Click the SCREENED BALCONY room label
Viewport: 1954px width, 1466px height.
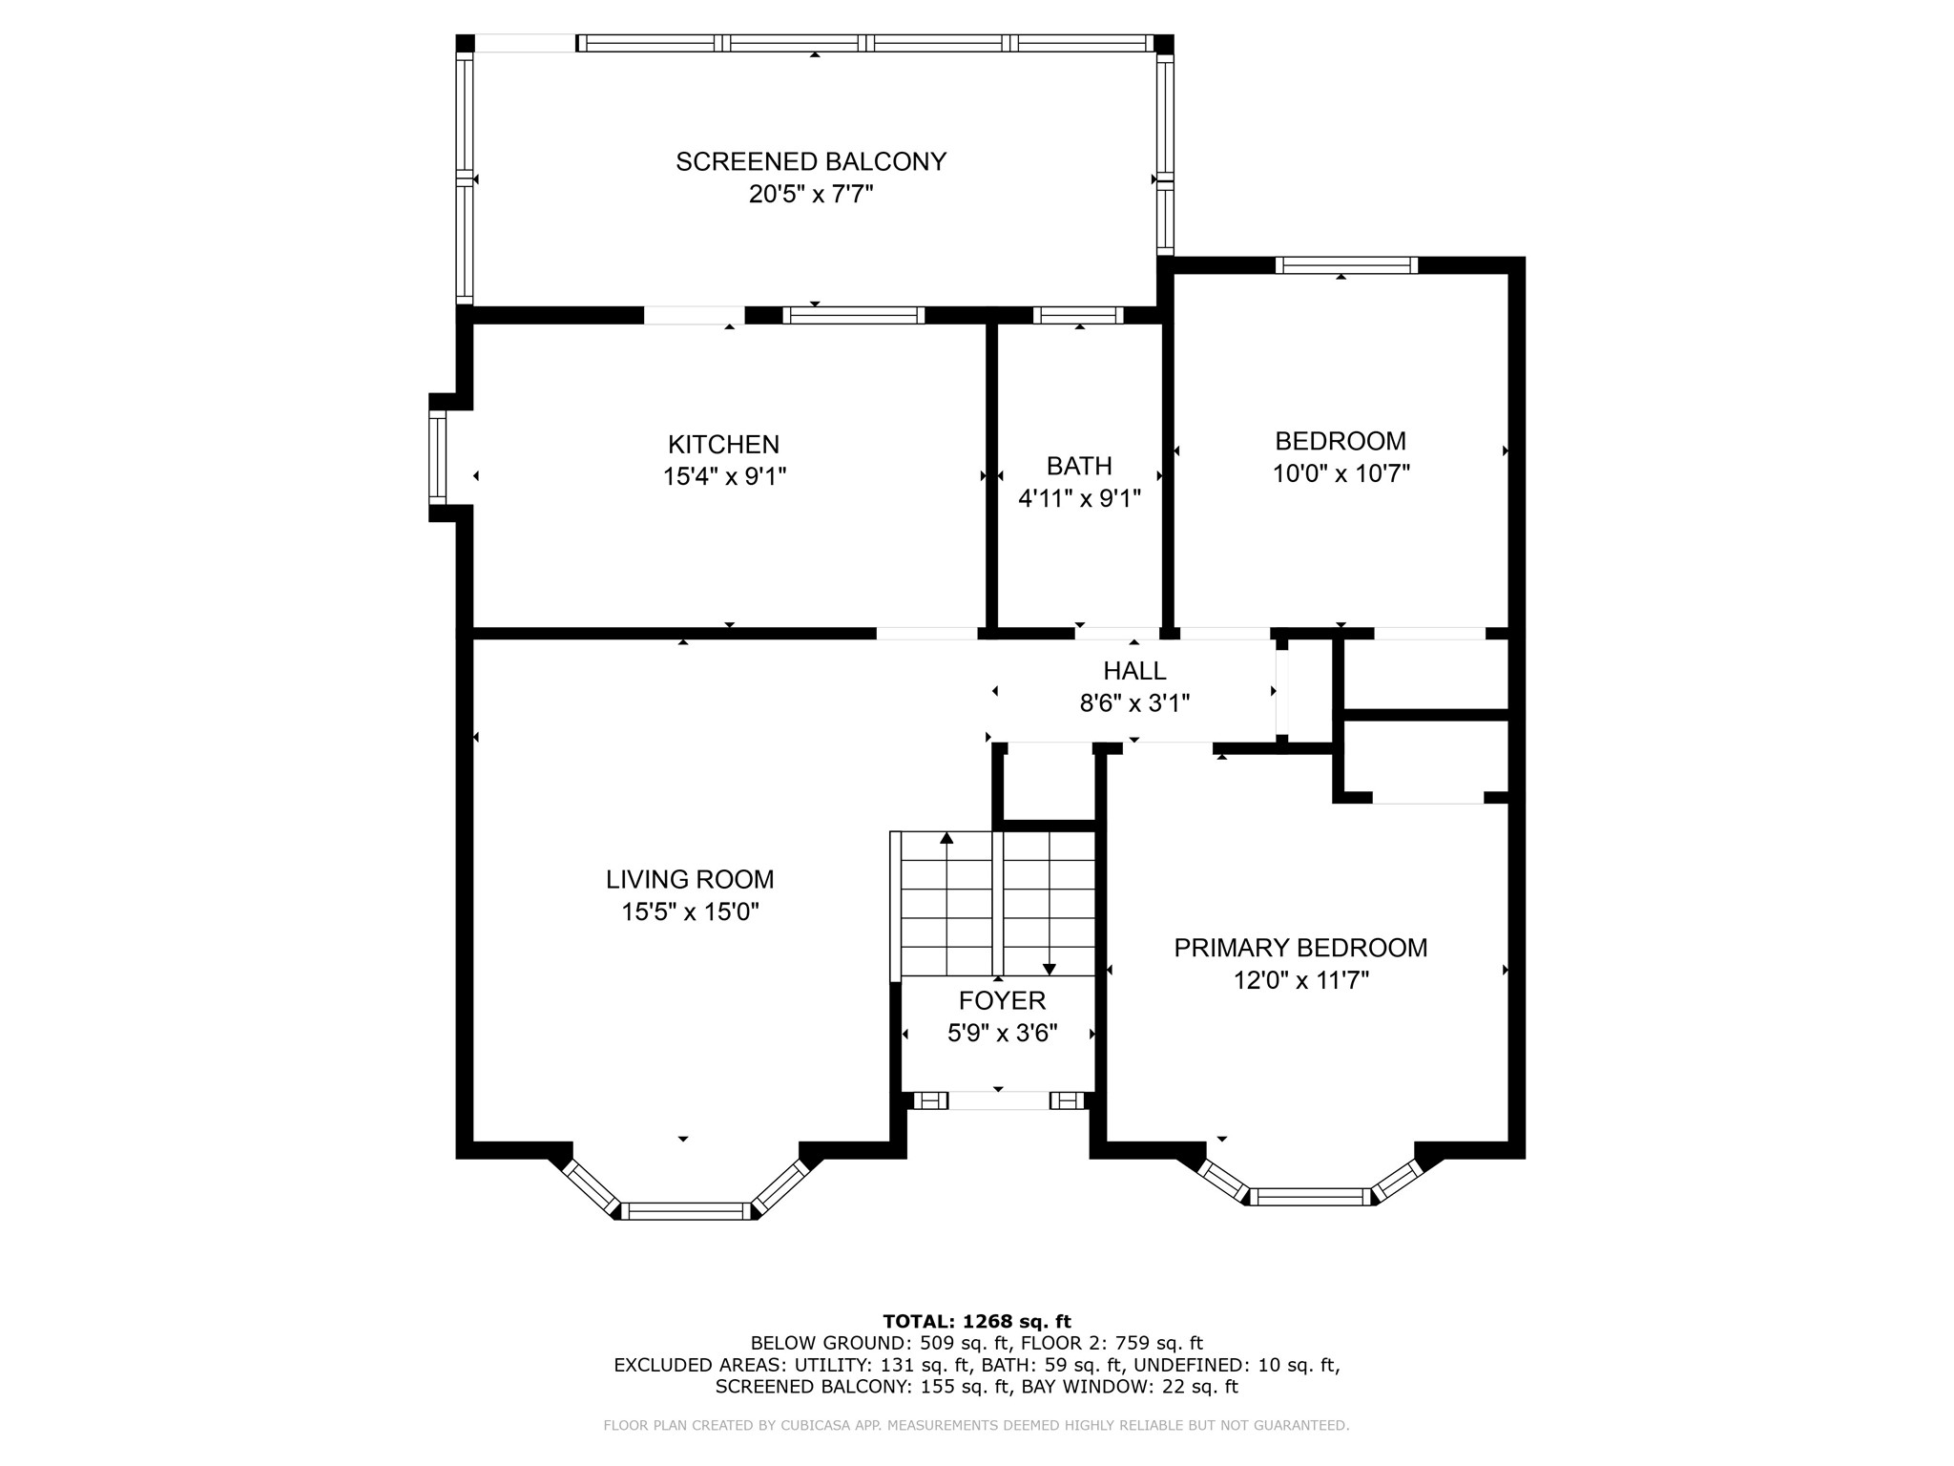point(811,162)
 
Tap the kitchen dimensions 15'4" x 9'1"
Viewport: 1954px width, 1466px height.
point(725,476)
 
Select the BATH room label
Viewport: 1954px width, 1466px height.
point(1079,466)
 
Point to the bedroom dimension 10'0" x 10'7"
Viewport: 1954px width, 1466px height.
point(1341,473)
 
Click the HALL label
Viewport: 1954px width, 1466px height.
point(1134,671)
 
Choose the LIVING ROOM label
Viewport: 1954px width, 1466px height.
point(690,879)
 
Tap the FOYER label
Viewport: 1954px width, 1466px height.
point(1002,1000)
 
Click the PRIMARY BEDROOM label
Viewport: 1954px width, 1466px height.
point(1300,948)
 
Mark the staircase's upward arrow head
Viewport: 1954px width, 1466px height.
point(946,838)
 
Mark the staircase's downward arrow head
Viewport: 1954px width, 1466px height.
point(1050,969)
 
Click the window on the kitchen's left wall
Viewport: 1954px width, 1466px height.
point(437,458)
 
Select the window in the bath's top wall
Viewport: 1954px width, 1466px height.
point(1078,315)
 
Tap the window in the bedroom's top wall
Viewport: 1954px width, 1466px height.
point(1346,265)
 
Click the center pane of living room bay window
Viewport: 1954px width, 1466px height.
point(687,1211)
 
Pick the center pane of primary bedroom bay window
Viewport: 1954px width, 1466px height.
point(1310,1197)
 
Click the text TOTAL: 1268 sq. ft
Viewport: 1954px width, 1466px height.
point(977,1322)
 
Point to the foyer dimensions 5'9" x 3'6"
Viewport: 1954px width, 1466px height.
point(1003,1033)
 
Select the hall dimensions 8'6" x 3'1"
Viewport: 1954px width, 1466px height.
point(1134,703)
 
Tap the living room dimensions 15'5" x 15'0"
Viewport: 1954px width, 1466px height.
point(690,911)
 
